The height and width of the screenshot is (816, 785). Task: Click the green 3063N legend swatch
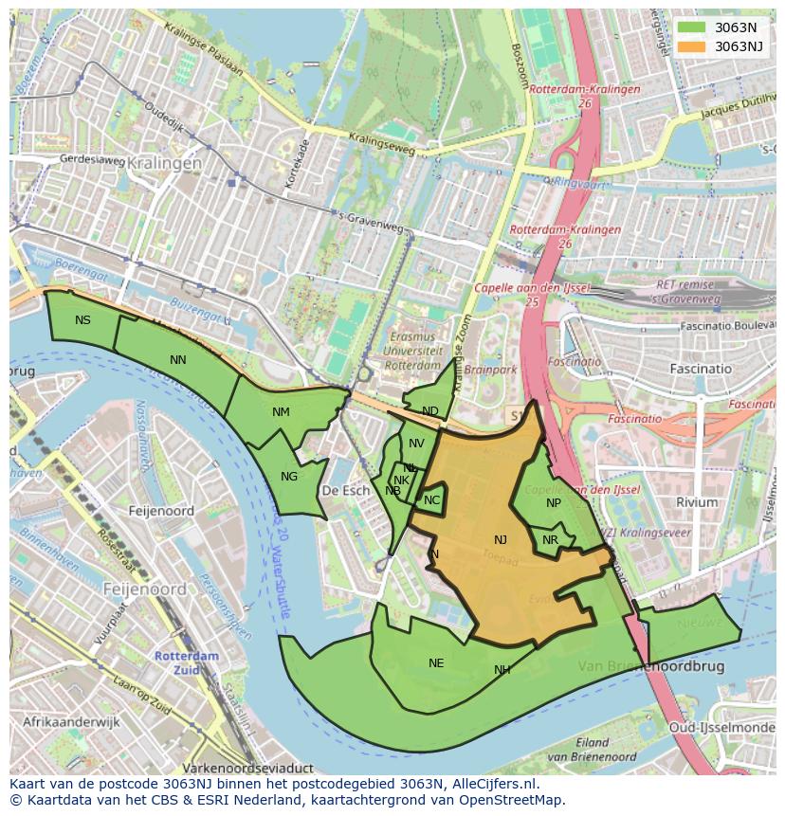(692, 27)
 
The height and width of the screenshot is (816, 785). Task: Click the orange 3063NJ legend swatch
(692, 46)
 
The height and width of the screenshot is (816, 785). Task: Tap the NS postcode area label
(83, 320)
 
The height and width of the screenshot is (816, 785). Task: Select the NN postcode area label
(178, 360)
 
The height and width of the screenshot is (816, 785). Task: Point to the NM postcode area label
(281, 412)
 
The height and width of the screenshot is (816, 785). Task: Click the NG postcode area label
(289, 477)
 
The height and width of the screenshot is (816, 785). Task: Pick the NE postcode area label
(436, 663)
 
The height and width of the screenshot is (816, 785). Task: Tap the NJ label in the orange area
(501, 540)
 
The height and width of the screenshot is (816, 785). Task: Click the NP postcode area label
(554, 503)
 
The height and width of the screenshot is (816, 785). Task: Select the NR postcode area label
(551, 540)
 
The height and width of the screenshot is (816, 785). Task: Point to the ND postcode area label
(430, 411)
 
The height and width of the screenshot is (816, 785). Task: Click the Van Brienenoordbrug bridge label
(650, 666)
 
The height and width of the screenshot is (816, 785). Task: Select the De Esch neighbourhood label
(345, 491)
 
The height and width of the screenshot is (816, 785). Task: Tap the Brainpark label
(491, 371)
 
